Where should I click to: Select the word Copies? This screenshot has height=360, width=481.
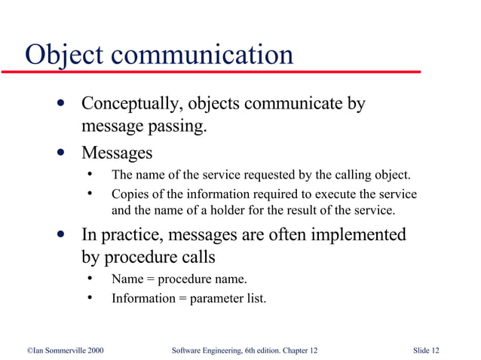click(x=130, y=195)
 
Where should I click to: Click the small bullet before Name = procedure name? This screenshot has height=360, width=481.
click(x=90, y=279)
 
